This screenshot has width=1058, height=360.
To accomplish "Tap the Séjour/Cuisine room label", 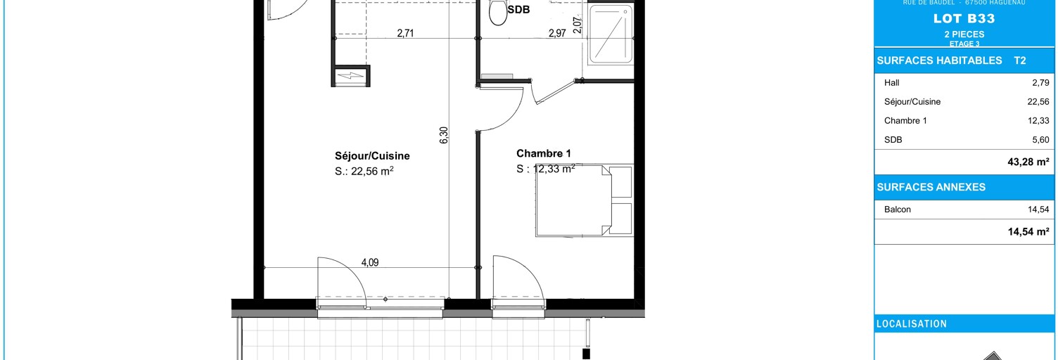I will [x=372, y=156].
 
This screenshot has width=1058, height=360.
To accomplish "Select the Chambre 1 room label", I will [x=544, y=153].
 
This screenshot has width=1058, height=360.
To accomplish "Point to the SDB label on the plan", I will [x=518, y=11].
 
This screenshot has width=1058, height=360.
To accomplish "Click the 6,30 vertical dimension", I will [x=444, y=136].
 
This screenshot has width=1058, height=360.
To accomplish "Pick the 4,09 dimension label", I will [x=370, y=263].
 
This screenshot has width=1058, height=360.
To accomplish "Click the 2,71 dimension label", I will [x=405, y=32].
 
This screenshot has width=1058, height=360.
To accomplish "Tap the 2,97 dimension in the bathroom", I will [x=557, y=32].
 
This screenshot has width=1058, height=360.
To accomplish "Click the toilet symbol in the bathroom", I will [x=499, y=12].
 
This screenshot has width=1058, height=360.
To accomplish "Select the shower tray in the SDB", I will [x=611, y=35].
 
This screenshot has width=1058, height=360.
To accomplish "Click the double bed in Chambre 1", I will [x=583, y=200].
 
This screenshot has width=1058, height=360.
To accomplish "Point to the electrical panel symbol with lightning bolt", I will [x=351, y=76].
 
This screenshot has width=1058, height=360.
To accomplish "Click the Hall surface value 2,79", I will [x=1040, y=82].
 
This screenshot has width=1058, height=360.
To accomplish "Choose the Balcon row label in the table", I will [x=897, y=210].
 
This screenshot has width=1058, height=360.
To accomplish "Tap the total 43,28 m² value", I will [x=1028, y=162].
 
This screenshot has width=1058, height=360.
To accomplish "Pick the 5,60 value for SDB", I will [x=1040, y=140].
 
